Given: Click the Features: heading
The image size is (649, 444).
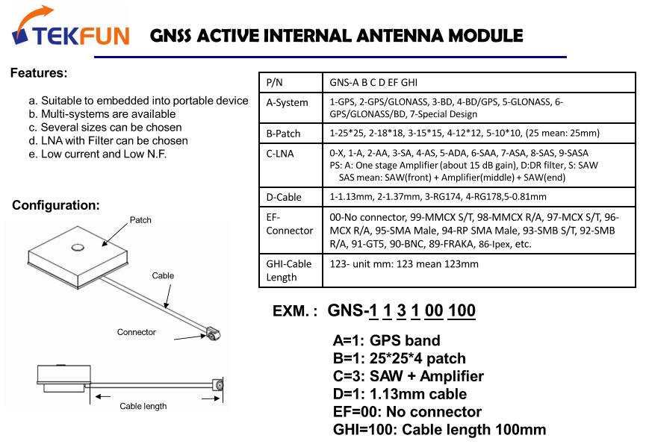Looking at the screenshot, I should pos(39,73).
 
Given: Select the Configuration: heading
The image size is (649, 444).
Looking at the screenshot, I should pos(56,205).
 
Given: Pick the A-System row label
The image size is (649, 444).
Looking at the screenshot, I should pos(288,102).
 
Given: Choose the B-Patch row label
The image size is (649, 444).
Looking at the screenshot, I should pos(284,134).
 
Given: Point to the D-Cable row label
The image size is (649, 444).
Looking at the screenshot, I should pos(285,196).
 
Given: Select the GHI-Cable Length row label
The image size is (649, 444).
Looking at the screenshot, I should pos(288,270).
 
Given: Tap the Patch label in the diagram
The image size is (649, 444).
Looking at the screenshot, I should pos(140,219).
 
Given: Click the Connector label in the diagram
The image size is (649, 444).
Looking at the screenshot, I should pos(137,331).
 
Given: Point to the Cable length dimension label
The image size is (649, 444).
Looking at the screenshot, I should pos(143,406).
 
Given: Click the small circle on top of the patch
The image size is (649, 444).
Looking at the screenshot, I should pos(77,246).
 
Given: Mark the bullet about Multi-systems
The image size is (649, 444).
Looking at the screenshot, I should pos(102,114).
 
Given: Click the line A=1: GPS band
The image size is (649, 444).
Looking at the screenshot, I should pos(386,341).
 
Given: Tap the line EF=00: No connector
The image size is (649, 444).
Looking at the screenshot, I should pos(407,411).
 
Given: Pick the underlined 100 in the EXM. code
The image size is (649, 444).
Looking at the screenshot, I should pos(462,310).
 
